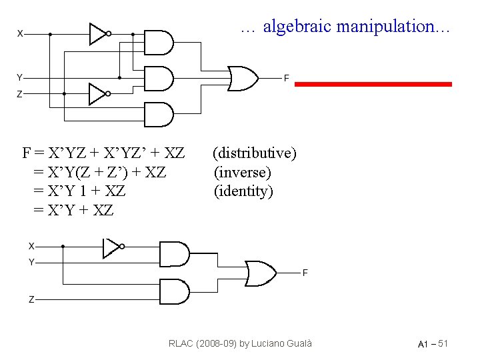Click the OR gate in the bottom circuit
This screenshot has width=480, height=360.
click(261, 272)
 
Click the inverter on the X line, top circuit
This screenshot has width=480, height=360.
click(99, 33)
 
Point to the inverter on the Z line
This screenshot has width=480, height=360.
click(99, 93)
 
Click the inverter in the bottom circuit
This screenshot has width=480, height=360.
click(111, 248)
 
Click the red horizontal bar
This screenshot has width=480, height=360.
click(373, 84)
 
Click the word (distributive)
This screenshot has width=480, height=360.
click(254, 153)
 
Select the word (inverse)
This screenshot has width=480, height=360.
click(242, 173)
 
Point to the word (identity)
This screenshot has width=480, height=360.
click(243, 191)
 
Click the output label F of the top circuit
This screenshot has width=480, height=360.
click(286, 79)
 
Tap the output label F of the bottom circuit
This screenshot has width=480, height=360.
click(305, 273)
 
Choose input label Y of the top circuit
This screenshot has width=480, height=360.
click(20, 77)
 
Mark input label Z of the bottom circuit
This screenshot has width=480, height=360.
click(31, 300)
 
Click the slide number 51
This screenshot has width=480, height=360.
click(442, 343)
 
